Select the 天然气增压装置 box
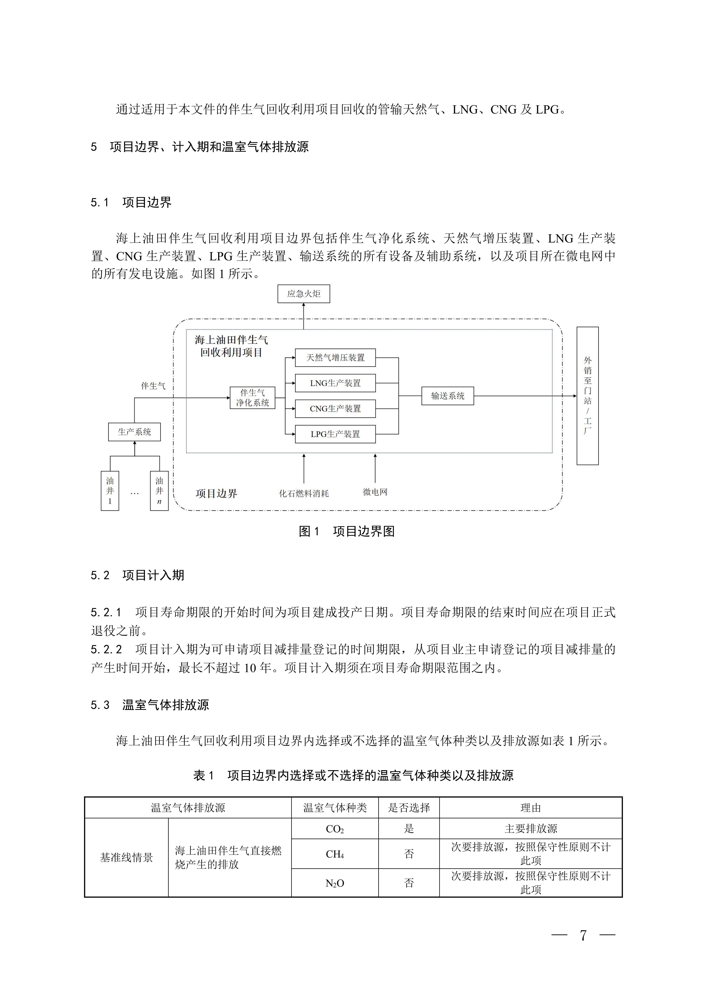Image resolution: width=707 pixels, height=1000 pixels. click(x=335, y=358)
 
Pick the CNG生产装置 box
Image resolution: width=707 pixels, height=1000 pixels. click(x=335, y=409)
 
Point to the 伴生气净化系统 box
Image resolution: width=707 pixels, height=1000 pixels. click(x=253, y=398)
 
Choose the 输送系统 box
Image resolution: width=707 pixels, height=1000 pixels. click(x=447, y=396)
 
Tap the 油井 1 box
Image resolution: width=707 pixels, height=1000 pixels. click(x=110, y=491)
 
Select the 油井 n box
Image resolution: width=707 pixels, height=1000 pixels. click(x=159, y=491)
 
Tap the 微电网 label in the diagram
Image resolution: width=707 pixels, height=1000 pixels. click(x=375, y=492)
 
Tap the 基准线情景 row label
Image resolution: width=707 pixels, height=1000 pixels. click(x=126, y=858)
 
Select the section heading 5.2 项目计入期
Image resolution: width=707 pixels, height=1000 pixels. click(x=138, y=575)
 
